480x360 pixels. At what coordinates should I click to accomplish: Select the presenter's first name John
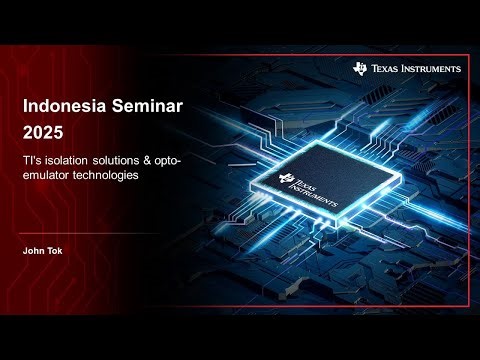pyautogui.click(x=34, y=251)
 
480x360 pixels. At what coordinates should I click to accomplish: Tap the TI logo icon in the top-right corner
pyautogui.click(x=361, y=68)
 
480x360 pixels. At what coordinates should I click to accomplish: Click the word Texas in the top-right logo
pyautogui.click(x=387, y=69)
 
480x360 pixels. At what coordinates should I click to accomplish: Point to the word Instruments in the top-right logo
pyautogui.click(x=431, y=69)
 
